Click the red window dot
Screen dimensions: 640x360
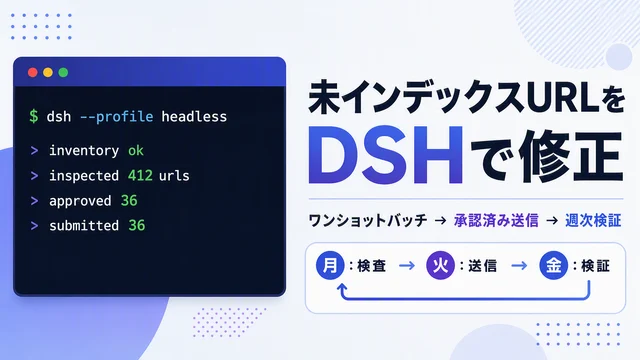point(33,72)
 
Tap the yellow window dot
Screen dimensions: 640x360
point(48,72)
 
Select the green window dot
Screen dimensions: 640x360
point(63,72)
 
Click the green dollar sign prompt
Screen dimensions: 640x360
point(34,116)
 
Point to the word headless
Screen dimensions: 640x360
point(194,117)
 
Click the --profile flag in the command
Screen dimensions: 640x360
point(116,117)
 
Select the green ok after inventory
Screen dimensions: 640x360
point(136,151)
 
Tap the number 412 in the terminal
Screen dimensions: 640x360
point(140,176)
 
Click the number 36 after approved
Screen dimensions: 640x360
point(129,200)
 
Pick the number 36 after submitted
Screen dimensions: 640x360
point(137,225)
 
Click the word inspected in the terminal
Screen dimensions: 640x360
point(84,176)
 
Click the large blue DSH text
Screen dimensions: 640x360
point(385,156)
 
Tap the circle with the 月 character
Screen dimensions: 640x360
point(330,265)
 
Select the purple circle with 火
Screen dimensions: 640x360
point(440,265)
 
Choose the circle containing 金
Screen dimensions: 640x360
point(553,265)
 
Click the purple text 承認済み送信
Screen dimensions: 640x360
point(496,220)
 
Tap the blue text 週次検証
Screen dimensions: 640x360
point(593,220)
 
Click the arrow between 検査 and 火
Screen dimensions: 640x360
point(407,266)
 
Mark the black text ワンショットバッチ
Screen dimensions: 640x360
point(368,220)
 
